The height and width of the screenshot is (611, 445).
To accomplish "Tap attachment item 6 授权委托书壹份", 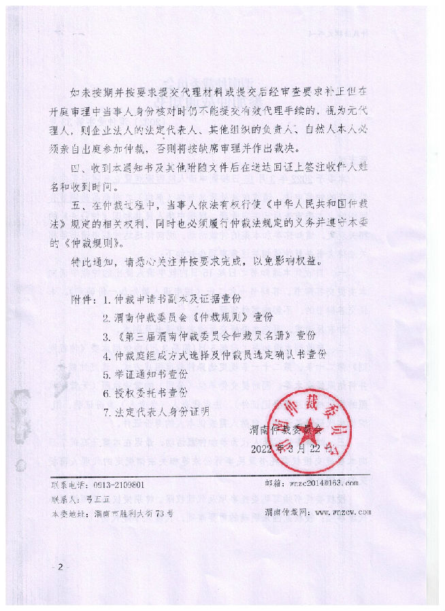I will (x=145, y=393).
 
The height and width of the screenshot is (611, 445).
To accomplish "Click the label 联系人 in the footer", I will (x=65, y=498).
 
